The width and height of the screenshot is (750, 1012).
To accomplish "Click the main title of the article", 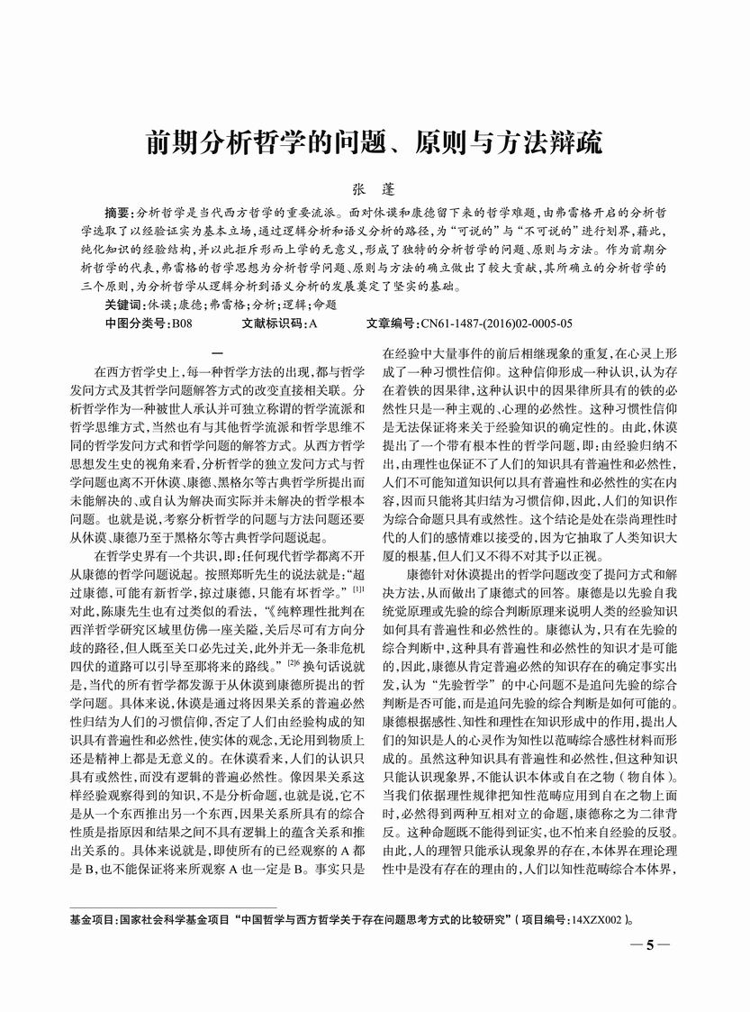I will [x=375, y=144].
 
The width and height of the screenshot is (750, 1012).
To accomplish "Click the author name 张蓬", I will [x=374, y=192].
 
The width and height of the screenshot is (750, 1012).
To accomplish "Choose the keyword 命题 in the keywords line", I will [x=322, y=305].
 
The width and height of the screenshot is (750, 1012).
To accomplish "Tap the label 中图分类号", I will [x=135, y=323].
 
